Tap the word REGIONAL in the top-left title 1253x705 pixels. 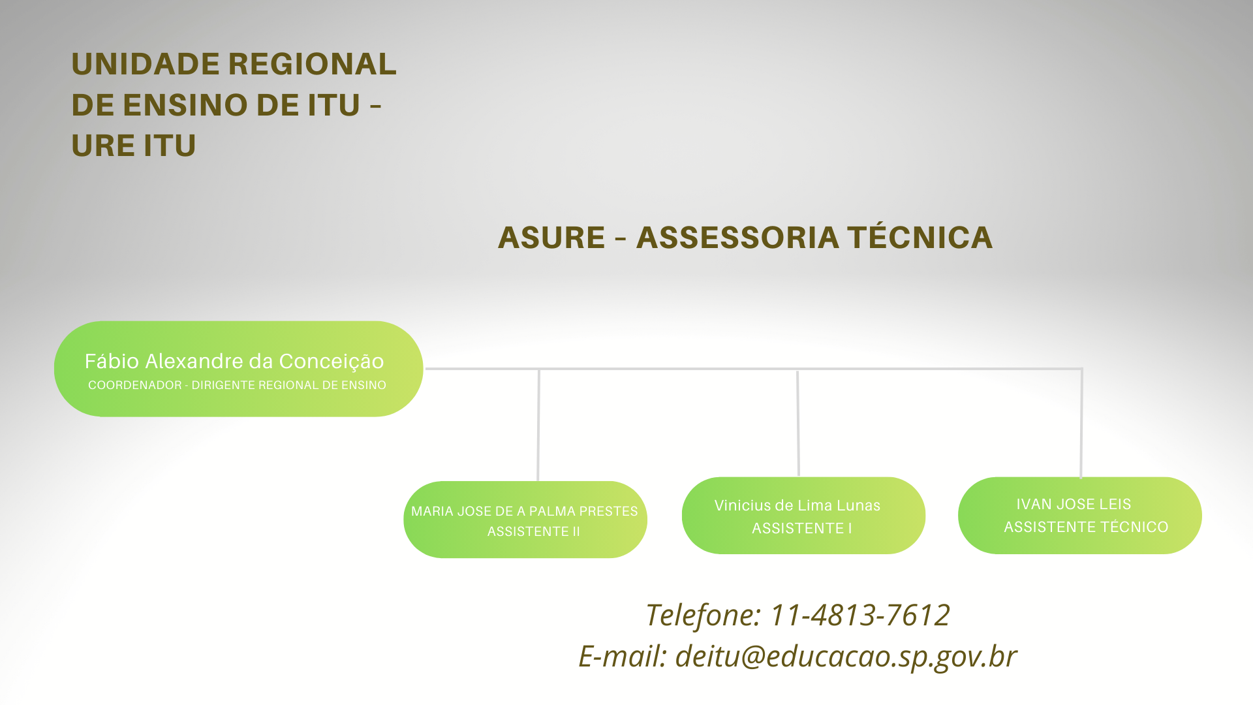pos(313,64)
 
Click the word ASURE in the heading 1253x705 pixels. pos(551,237)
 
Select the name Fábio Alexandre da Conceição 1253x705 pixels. pos(234,361)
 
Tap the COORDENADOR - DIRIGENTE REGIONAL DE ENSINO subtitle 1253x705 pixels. pos(237,385)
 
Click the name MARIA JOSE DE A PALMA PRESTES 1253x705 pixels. pos(524,511)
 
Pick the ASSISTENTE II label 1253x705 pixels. pos(533,531)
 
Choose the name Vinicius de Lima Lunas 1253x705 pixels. pos(797,505)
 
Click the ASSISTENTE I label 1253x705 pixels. pos(801,528)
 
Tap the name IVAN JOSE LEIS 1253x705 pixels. pos(1074,504)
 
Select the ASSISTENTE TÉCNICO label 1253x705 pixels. pos(1086,527)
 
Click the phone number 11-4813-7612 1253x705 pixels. pos(860,615)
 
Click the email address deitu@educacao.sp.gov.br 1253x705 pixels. pos(846,656)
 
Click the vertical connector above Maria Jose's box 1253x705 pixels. pos(538,425)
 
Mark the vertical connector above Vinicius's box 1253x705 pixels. pos(797,423)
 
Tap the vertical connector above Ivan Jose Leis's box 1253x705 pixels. pos(1081,423)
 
